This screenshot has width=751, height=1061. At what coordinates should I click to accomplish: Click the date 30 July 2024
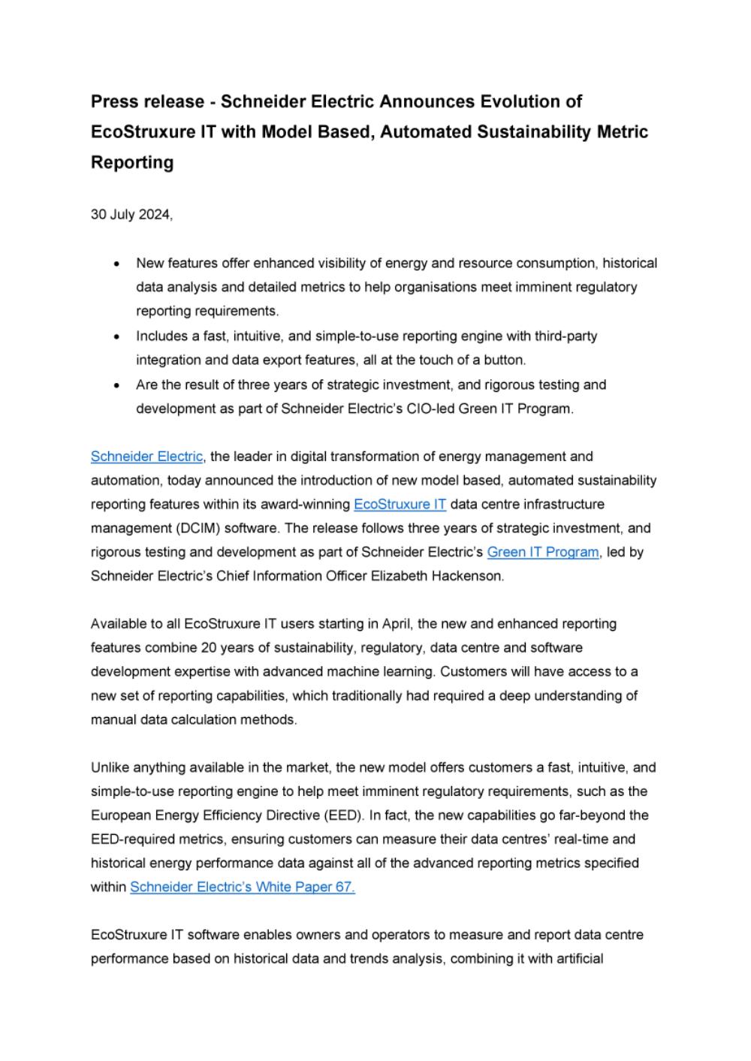(x=131, y=215)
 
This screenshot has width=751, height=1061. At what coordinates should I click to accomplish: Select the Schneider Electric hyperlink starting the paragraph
(x=146, y=457)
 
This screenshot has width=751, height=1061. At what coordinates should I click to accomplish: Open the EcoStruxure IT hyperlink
(x=400, y=505)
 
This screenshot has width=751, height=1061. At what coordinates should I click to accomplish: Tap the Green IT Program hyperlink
(x=543, y=553)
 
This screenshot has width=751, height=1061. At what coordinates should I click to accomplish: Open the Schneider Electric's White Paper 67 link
(x=242, y=888)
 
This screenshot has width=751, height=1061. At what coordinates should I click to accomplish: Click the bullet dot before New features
(x=116, y=264)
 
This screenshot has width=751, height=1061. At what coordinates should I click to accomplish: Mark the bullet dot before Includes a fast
(x=116, y=336)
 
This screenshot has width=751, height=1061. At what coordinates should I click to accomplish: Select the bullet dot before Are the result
(x=116, y=385)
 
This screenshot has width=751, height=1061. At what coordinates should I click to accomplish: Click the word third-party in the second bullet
(x=564, y=336)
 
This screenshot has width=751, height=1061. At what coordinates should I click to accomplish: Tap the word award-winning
(x=297, y=505)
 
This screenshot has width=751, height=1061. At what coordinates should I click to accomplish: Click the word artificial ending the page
(x=578, y=959)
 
